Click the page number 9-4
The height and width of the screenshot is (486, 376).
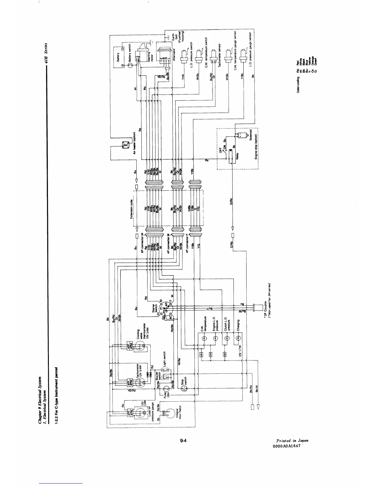pyautogui.click(x=184, y=441)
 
